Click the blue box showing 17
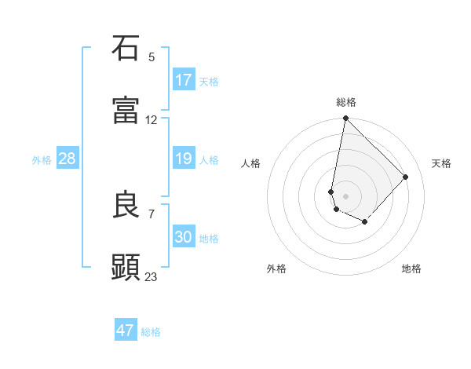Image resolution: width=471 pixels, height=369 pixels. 184,80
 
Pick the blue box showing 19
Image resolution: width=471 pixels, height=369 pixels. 184,159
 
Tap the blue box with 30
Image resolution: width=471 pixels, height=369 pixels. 184,238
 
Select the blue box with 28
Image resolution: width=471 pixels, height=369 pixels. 68,159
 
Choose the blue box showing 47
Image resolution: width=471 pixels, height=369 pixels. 126,331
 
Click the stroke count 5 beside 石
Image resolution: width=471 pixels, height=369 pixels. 152,57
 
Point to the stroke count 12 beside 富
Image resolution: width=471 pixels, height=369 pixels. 152,120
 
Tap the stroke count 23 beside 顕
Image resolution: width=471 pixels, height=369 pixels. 152,276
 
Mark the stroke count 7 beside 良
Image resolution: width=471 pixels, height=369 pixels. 152,214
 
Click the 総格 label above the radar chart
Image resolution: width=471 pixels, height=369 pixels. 346,102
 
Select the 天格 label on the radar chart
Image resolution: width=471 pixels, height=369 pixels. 441,163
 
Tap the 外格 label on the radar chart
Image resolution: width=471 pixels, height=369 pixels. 276,269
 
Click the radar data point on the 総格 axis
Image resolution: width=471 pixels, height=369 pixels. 345,119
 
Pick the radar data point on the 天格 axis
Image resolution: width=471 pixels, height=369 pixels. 406,177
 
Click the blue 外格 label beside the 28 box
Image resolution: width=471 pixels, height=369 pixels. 42,160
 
